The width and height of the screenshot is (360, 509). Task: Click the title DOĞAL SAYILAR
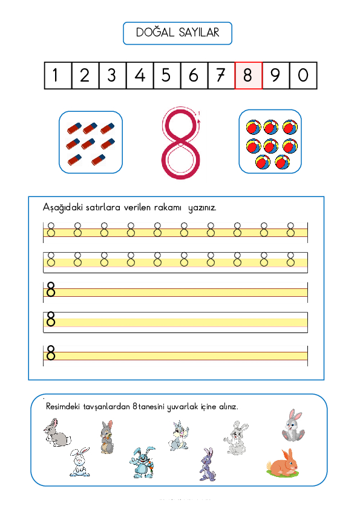pyautogui.click(x=177, y=33)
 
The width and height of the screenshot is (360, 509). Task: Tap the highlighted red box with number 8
pyautogui.click(x=248, y=76)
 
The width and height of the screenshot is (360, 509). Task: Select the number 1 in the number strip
pyautogui.click(x=57, y=76)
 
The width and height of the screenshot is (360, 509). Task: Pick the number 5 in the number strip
pyautogui.click(x=166, y=76)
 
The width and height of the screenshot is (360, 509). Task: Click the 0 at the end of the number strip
pyautogui.click(x=303, y=76)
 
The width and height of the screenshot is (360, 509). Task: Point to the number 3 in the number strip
pyautogui.click(x=112, y=76)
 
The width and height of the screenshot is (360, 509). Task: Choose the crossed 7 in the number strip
pyautogui.click(x=221, y=76)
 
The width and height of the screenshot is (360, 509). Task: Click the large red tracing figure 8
pyautogui.click(x=180, y=144)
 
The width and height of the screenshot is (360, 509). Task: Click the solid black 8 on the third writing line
pyautogui.click(x=51, y=291)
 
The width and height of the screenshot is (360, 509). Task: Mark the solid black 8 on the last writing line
pyautogui.click(x=51, y=352)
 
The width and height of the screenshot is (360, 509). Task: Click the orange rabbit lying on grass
pyautogui.click(x=283, y=463)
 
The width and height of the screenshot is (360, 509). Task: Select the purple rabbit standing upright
pyautogui.click(x=207, y=464)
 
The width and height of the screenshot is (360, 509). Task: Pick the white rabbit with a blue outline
pyautogui.click(x=79, y=462)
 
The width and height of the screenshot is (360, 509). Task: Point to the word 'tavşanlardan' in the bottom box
pyautogui.click(x=110, y=407)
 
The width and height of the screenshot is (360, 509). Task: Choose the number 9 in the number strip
pyautogui.click(x=275, y=76)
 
